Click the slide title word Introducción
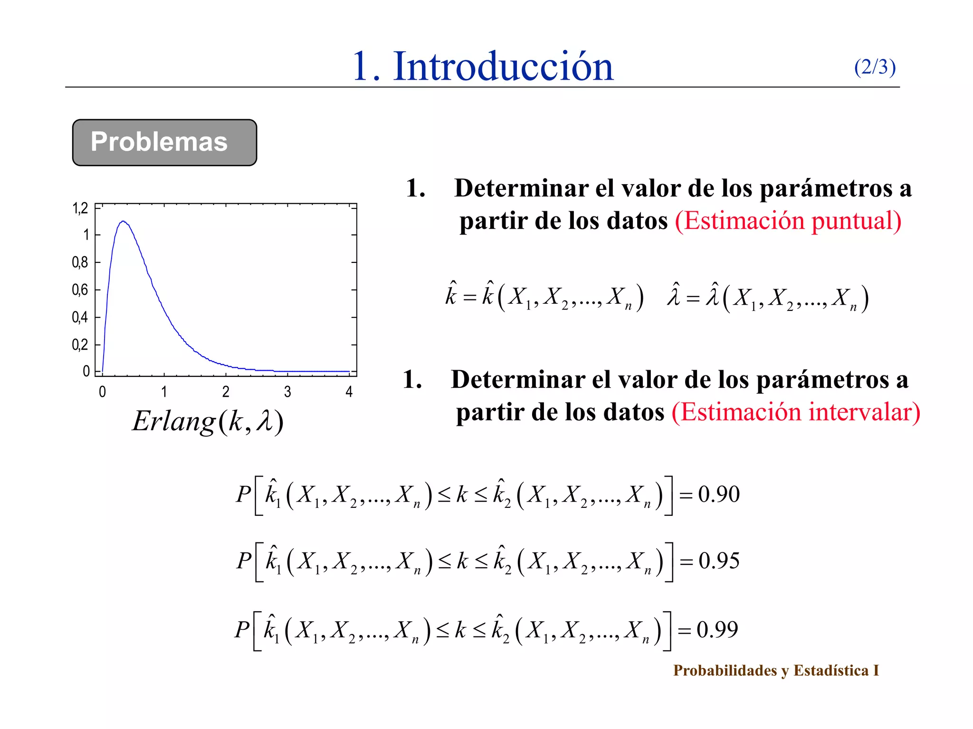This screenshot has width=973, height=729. [x=503, y=67]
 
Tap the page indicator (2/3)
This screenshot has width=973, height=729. [x=875, y=67]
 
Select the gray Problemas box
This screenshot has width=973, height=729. [x=164, y=142]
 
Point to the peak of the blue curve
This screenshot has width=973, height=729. [x=123, y=221]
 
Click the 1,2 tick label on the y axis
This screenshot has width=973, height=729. [x=80, y=208]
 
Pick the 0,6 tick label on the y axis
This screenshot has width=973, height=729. [x=80, y=290]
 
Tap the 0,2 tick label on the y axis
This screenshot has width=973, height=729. [x=80, y=345]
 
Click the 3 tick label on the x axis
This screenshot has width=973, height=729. [x=287, y=392]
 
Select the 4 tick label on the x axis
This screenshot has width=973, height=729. [x=349, y=392]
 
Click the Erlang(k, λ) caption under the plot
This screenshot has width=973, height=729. [x=208, y=421]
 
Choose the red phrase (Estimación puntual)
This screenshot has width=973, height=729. [x=788, y=221]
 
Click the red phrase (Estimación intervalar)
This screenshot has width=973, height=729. [x=796, y=412]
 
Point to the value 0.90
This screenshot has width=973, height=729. [x=718, y=495]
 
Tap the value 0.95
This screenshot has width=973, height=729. [x=719, y=561]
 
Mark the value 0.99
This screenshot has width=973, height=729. [x=717, y=630]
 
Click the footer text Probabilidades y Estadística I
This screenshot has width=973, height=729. [x=776, y=670]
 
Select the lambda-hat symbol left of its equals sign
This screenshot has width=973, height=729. [x=674, y=295]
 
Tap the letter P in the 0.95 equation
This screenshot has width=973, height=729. [x=244, y=561]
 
